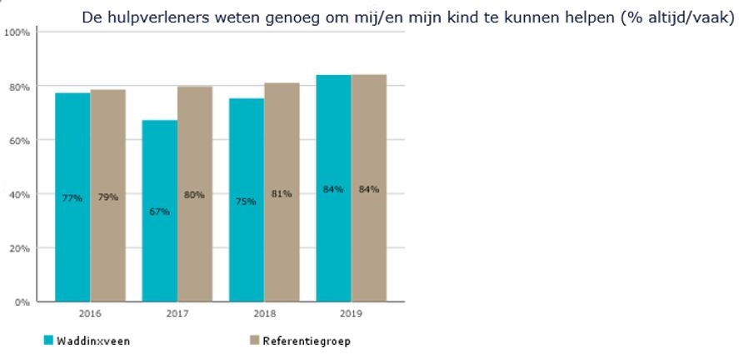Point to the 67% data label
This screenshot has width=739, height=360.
click(159, 212)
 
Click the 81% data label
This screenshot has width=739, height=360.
click(282, 194)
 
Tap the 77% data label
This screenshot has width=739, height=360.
click(72, 197)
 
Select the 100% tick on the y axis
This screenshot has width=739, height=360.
click(17, 32)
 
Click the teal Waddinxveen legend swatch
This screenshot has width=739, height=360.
click(47, 340)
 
